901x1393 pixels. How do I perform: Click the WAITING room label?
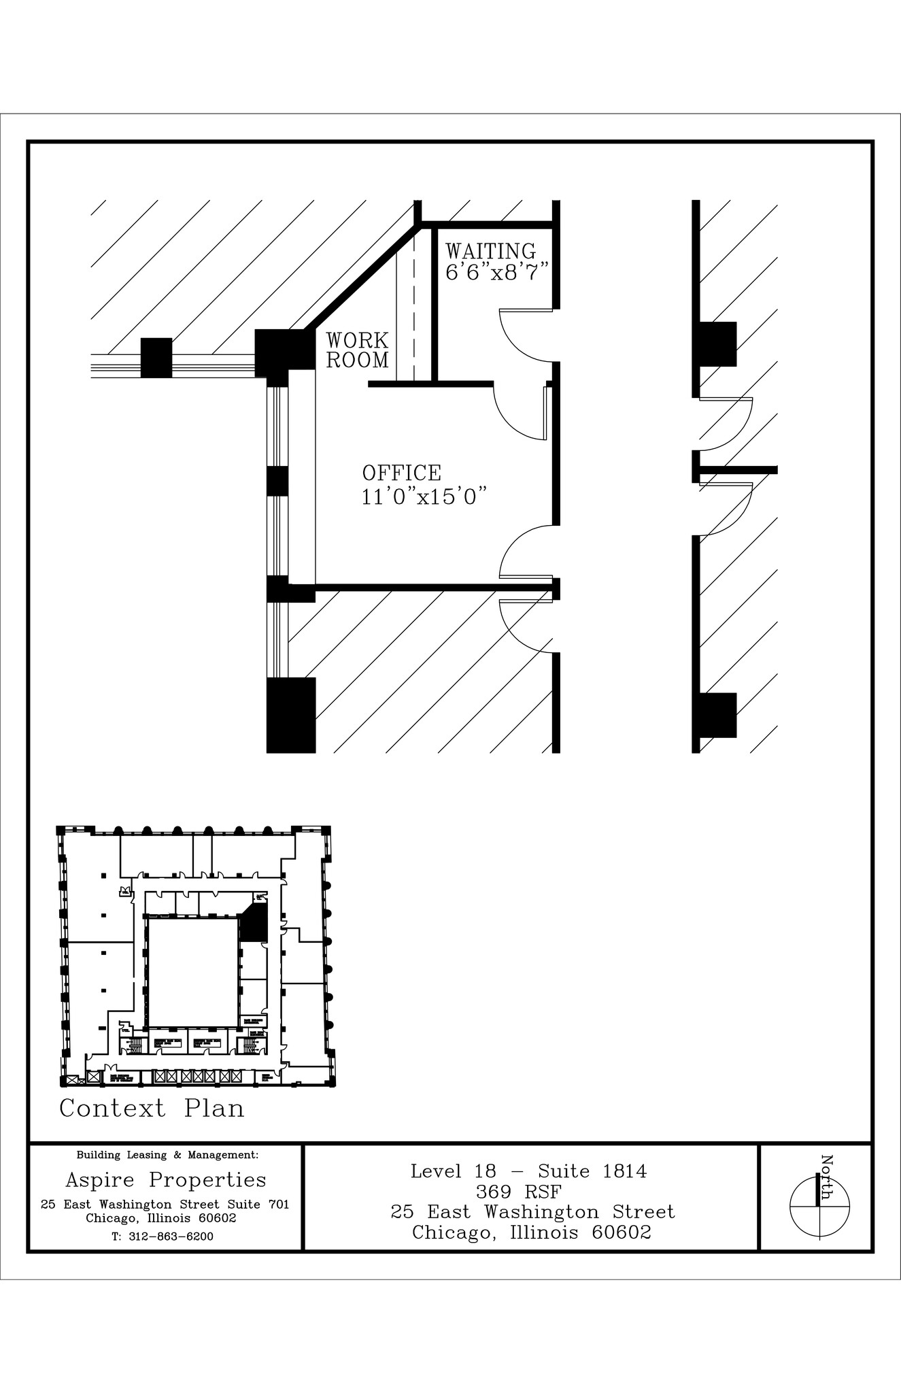[x=490, y=252]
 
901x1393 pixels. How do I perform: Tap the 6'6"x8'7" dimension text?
[x=496, y=273]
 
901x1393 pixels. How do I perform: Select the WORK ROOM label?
[x=357, y=350]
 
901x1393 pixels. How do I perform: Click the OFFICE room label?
[x=401, y=473]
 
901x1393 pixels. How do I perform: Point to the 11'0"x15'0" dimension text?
[x=425, y=497]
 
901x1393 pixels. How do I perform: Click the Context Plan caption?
[x=152, y=1108]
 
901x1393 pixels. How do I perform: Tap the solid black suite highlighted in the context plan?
[x=255, y=925]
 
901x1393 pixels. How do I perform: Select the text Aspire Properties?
[x=165, y=1179]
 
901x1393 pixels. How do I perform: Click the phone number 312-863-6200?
[x=163, y=1237]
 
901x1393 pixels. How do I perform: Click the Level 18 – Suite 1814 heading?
[x=528, y=1171]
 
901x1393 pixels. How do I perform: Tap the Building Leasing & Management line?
[x=167, y=1154]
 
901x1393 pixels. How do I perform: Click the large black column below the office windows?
[x=291, y=715]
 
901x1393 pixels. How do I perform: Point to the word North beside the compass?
[x=827, y=1177]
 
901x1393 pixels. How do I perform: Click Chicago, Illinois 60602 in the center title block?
[x=531, y=1232]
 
